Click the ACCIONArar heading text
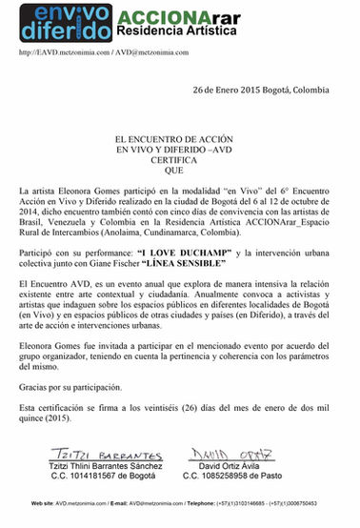[x=169, y=14]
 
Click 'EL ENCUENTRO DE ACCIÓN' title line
[x=179, y=140]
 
